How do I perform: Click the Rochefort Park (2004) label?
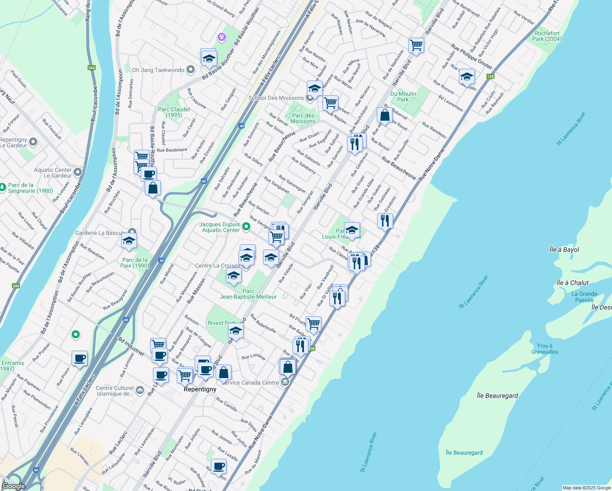point(547,36)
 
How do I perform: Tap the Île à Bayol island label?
point(564,250)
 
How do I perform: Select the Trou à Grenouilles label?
point(544,349)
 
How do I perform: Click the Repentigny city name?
point(200,389)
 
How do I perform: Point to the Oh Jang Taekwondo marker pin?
point(190,70)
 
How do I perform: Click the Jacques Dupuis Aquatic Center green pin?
point(246,226)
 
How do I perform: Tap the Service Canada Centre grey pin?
point(285,383)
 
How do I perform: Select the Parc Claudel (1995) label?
point(174,112)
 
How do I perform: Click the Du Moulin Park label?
point(403,97)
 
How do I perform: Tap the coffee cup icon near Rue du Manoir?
point(218,466)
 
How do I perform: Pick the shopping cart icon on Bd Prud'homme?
point(313,324)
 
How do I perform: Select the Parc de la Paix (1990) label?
point(135,263)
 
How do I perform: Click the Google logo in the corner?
point(13,486)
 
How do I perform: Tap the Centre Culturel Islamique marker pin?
point(140,390)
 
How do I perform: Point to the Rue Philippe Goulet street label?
point(471,56)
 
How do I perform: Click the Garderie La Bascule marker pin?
point(132,232)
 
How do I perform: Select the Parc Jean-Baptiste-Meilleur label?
point(248,294)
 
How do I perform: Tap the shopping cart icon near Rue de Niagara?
point(416,45)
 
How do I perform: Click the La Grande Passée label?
point(584,297)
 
